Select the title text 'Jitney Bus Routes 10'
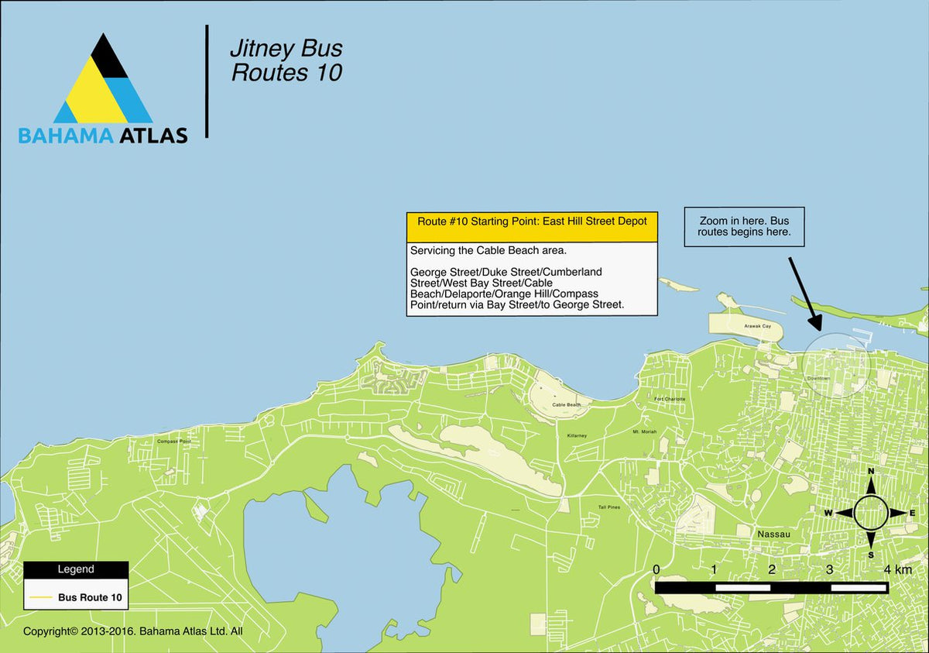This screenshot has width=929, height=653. pyautogui.click(x=286, y=61)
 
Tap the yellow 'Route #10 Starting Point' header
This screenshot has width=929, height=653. pyautogui.click(x=531, y=221)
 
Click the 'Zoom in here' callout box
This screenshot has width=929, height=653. pyautogui.click(x=744, y=226)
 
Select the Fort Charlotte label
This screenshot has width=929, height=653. pyautogui.click(x=670, y=400)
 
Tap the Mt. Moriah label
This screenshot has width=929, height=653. pyautogui.click(x=645, y=431)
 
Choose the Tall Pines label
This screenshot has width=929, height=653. pyautogui.click(x=608, y=507)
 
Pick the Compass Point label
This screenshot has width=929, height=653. pyautogui.click(x=173, y=442)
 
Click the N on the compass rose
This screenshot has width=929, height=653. pyautogui.click(x=871, y=471)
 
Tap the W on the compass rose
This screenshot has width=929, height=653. pyautogui.click(x=828, y=513)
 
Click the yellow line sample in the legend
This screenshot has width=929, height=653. pyautogui.click(x=41, y=598)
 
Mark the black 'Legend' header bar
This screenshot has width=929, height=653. pyautogui.click(x=76, y=569)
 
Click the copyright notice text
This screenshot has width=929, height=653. pyautogui.click(x=133, y=631)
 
